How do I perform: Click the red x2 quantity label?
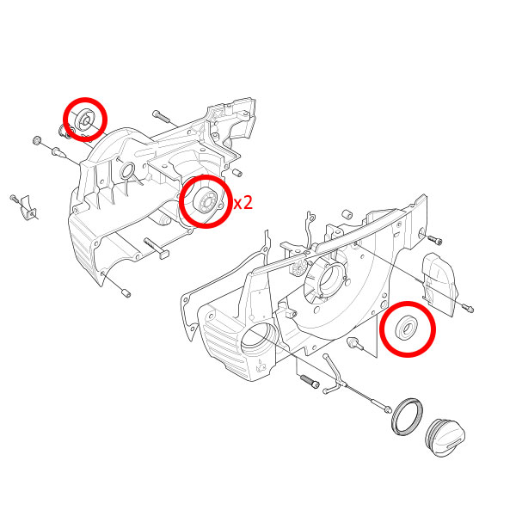243,203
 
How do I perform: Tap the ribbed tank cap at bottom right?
445,438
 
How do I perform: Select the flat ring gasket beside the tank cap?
407,416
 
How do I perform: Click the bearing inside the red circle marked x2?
206,201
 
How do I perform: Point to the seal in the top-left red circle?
85,120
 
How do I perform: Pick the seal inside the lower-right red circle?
407,328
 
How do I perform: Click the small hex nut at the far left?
36,140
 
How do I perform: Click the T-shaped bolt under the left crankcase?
157,248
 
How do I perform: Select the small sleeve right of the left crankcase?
237,172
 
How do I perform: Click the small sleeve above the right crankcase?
347,214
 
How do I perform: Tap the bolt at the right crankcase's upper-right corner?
434,240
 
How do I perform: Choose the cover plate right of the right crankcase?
439,284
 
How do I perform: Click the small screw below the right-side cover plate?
468,308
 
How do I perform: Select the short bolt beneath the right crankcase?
310,381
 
